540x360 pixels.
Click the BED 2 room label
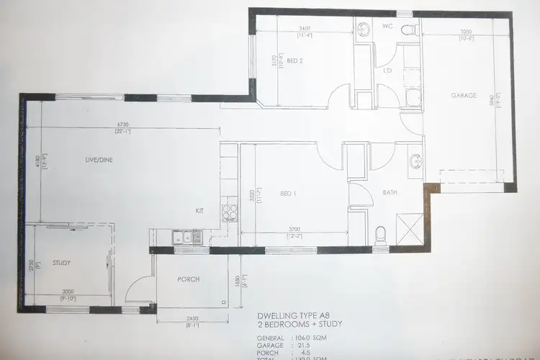(294, 61)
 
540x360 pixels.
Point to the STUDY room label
(62, 263)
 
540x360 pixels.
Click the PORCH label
(188, 279)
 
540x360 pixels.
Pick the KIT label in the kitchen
(201, 211)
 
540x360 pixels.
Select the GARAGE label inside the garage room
(464, 95)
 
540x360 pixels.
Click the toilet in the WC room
(409, 30)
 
